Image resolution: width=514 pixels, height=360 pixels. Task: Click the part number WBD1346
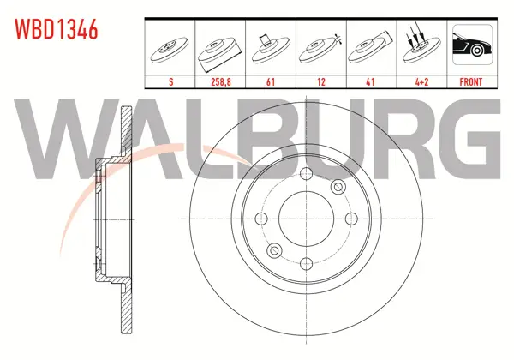pos(56,29)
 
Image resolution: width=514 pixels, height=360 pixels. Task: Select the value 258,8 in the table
pos(221,81)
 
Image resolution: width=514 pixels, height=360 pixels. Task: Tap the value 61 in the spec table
pos(271,81)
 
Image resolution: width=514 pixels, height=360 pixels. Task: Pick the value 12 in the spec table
pos(321,81)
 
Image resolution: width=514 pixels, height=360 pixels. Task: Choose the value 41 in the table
pos(370,81)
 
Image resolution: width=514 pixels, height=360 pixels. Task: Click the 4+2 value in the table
pos(421,81)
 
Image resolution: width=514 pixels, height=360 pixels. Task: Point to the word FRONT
pos(471,81)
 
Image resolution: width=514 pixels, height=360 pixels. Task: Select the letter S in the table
pos(170,81)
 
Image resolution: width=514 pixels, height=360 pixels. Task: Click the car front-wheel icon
pos(472,45)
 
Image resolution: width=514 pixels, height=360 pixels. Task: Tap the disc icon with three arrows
pos(421,46)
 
